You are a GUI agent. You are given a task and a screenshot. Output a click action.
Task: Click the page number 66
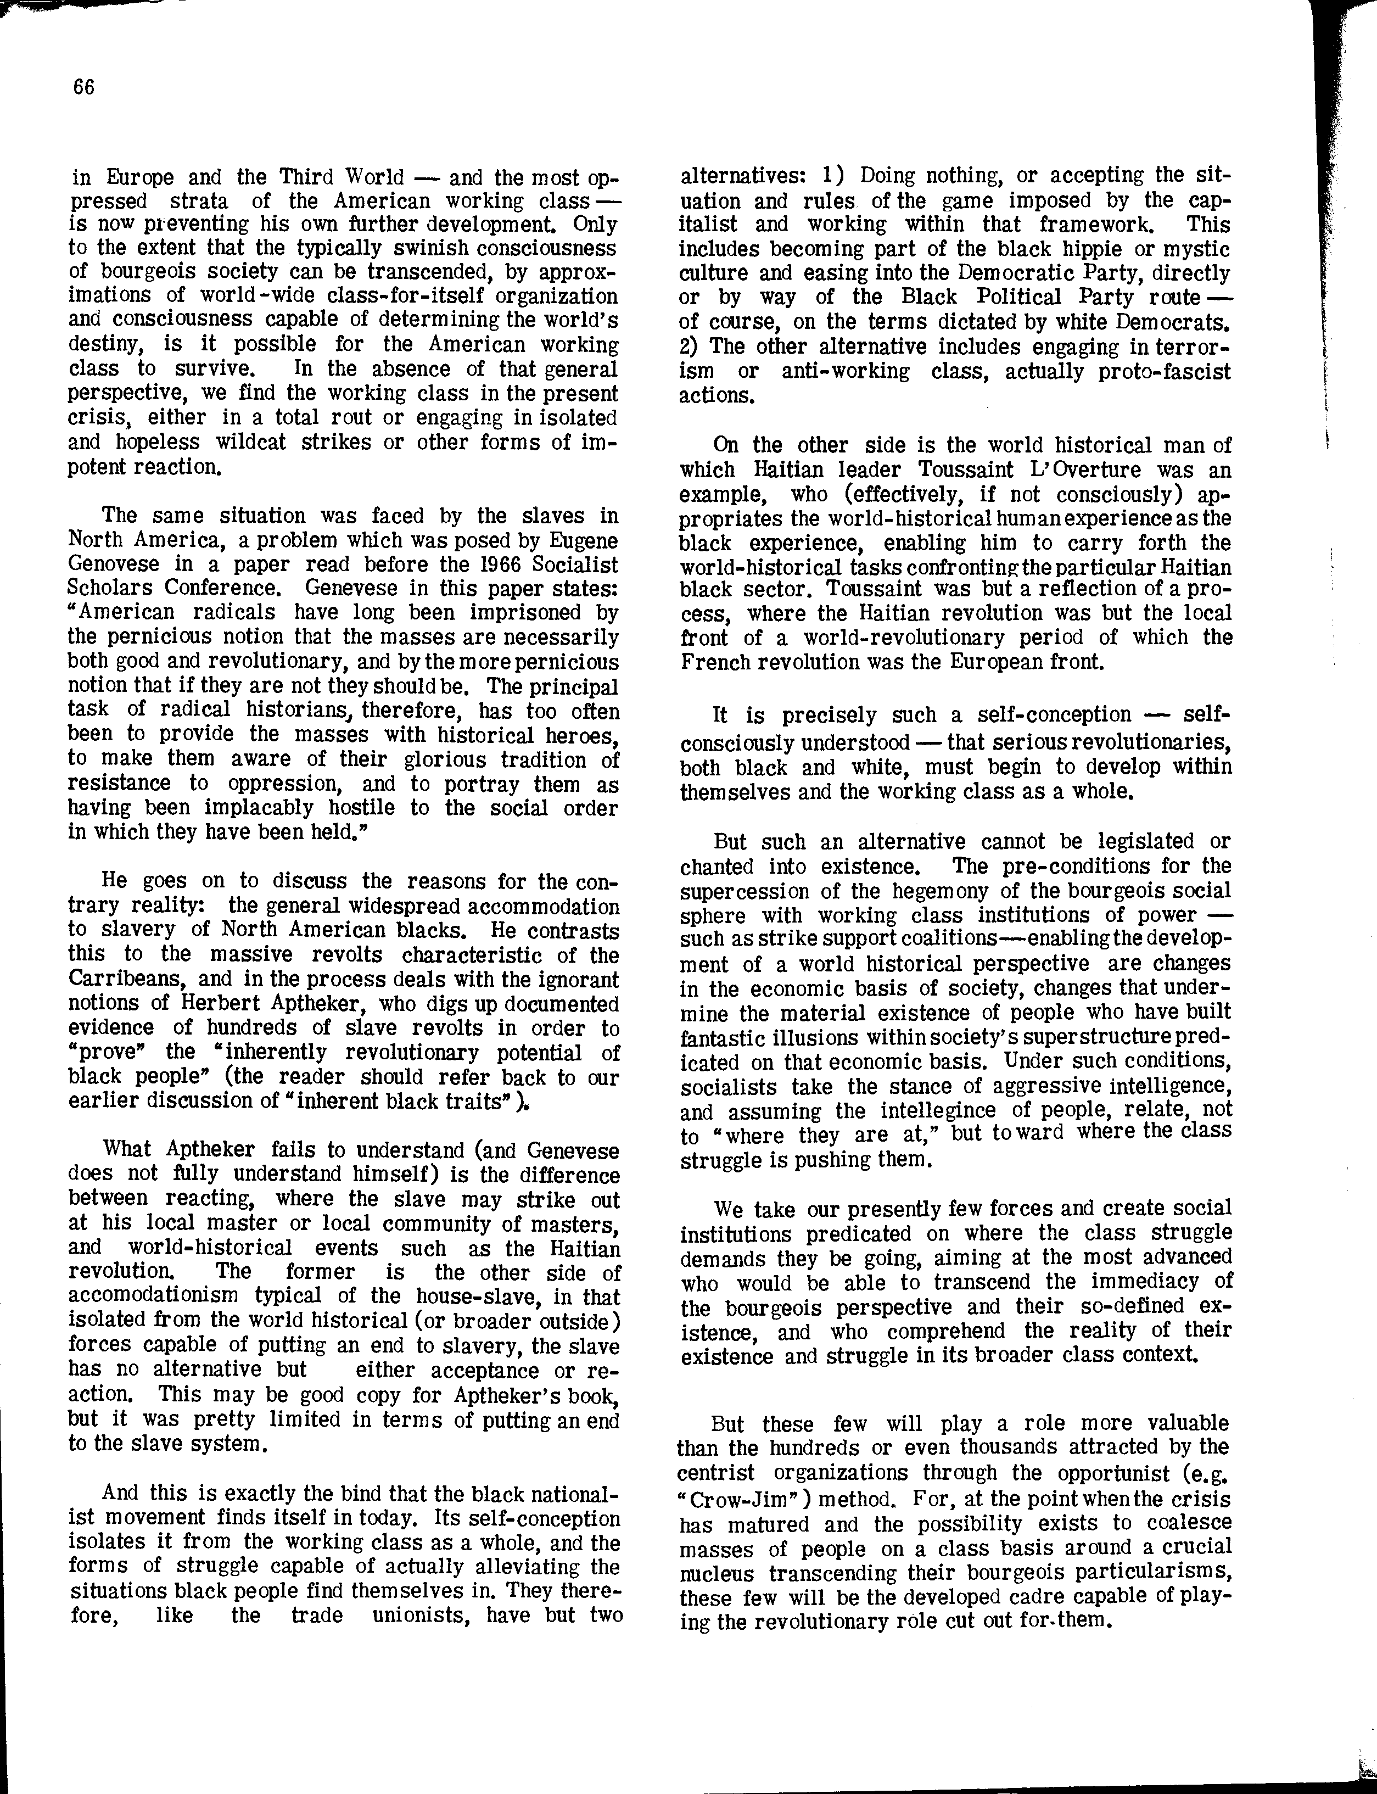coord(83,88)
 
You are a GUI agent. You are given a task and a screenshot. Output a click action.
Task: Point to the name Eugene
coord(582,540)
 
